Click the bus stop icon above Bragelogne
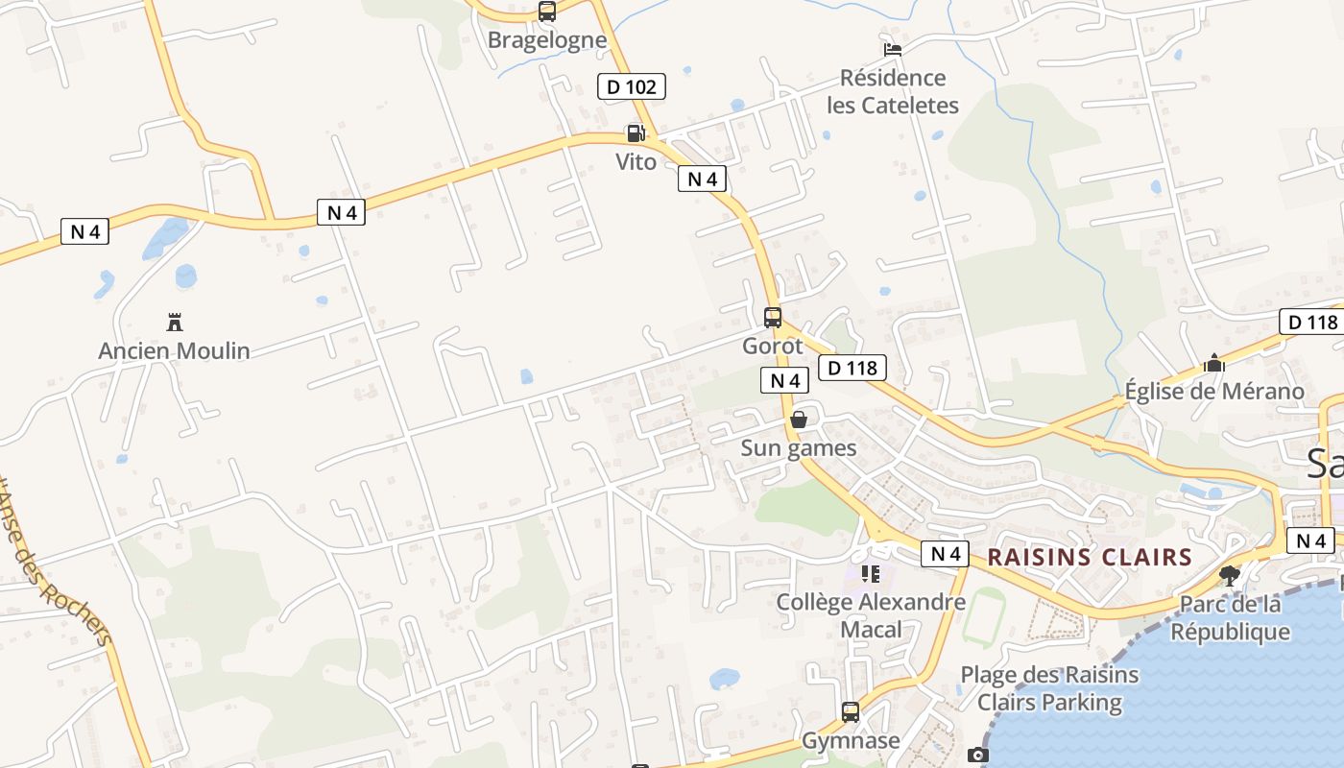coord(547,12)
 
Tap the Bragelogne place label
coord(547,39)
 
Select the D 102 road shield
coord(632,86)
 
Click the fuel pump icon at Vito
coord(636,132)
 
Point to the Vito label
coord(636,161)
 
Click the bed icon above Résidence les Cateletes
coord(893,50)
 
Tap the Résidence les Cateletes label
coord(893,91)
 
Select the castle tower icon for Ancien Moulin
coord(175,321)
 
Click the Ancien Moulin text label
coord(174,350)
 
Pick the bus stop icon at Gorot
coord(773,317)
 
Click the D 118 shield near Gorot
coord(852,367)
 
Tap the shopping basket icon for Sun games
coord(799,420)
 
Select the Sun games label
coord(799,447)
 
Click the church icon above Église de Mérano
coord(1214,363)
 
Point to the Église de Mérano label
coord(1214,391)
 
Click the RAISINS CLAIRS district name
coord(1090,557)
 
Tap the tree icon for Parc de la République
coord(1230,575)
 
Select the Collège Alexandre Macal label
coord(871,615)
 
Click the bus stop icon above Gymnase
coord(851,712)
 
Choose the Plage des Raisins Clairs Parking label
coord(1050,688)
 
